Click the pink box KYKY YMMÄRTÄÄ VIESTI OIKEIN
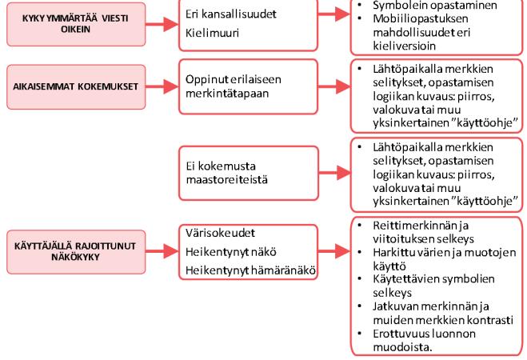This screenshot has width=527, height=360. tap(76, 24)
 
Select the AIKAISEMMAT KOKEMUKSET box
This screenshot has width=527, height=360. tap(76, 86)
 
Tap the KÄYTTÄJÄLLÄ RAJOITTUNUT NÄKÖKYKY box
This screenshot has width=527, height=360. tap(76, 252)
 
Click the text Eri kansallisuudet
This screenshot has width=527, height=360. tap(230, 14)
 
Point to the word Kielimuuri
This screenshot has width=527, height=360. tap(212, 33)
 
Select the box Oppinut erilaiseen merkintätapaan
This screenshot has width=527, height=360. tap(249, 86)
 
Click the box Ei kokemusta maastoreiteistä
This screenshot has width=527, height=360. tap(249, 173)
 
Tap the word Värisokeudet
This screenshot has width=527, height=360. tap(220, 233)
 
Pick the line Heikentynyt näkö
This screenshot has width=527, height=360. tap(231, 252)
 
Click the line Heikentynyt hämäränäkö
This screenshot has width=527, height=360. tap(250, 270)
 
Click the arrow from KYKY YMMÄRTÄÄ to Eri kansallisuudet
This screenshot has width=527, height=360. tap(162, 24)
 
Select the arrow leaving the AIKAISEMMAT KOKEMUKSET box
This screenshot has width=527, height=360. tap(162, 86)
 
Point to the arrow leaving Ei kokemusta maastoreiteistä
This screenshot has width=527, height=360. tap(334, 173)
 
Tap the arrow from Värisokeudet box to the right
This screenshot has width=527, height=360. tap(334, 251)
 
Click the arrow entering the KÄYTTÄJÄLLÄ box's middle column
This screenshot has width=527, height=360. tap(162, 251)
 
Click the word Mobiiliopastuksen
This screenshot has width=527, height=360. tap(421, 18)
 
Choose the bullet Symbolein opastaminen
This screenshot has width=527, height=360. tap(434, 5)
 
